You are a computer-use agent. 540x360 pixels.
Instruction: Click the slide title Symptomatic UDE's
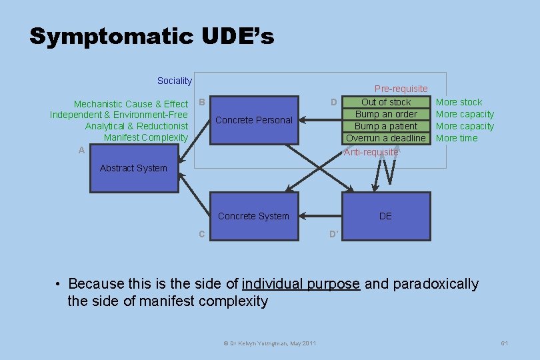coord(152,36)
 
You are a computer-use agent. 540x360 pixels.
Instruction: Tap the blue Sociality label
coord(174,81)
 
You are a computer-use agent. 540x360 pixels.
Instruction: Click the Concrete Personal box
coord(254,120)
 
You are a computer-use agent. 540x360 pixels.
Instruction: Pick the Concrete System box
coord(253,216)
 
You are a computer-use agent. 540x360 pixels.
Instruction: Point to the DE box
coord(385,216)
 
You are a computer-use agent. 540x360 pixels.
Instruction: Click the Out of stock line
coord(386,102)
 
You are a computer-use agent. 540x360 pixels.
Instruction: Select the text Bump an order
coord(386,114)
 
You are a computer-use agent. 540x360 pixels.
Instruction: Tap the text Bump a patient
coord(386,126)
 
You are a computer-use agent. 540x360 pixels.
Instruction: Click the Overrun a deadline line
coord(386,138)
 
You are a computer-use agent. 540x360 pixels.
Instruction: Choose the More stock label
coord(459,102)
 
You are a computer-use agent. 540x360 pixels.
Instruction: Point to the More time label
coord(457,138)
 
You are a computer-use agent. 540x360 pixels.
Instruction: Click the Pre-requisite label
coord(401,89)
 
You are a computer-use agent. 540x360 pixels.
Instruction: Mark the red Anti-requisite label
coord(371,152)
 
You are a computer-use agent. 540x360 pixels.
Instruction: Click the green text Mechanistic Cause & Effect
coord(131,104)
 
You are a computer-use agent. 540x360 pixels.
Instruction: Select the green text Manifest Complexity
coord(146,137)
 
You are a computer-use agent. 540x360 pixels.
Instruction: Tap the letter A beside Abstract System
coord(81,151)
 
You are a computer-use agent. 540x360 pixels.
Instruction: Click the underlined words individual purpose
coord(301,284)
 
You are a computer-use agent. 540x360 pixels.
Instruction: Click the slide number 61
coord(505,343)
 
